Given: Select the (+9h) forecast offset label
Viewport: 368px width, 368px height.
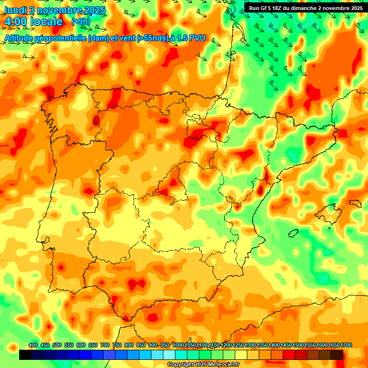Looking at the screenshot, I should coord(80,21).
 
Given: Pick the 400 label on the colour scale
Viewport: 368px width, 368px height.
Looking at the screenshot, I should coord(33,345).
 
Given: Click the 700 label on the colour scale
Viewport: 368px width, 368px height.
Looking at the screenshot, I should coord(105,345).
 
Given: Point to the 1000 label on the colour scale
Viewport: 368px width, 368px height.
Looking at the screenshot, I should coord(178,345).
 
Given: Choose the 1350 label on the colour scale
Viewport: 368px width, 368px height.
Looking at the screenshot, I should coord(262,345).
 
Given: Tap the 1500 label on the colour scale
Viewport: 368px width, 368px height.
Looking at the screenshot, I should coord(298,345).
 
